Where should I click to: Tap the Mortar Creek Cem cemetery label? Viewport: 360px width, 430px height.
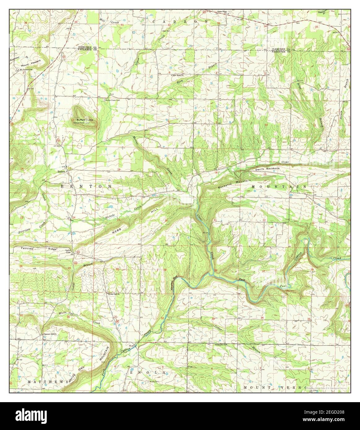(113, 100)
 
